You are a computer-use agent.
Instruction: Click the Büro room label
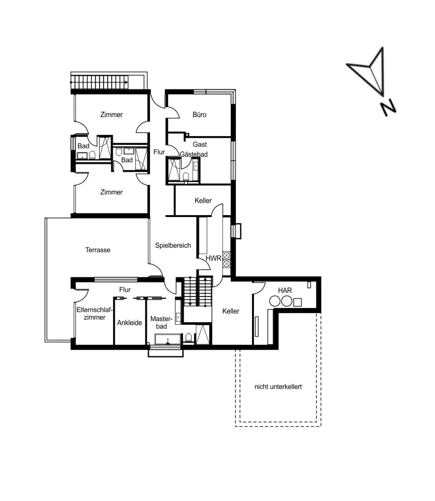click(200, 115)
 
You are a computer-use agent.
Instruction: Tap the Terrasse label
click(98, 250)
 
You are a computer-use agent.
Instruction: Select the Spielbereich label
click(172, 246)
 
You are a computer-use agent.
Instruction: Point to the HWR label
click(214, 258)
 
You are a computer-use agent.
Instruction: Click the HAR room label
click(285, 290)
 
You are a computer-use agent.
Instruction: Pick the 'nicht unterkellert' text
click(278, 387)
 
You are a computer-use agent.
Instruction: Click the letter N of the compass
click(388, 107)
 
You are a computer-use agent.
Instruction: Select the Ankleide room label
click(129, 323)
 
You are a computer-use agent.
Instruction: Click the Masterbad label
click(161, 323)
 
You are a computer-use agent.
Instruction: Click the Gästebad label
click(194, 154)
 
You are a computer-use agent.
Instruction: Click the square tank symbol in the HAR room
click(298, 302)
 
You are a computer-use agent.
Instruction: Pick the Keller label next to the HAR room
click(230, 312)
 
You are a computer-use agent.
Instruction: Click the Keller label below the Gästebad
click(203, 201)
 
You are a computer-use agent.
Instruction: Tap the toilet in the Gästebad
click(186, 176)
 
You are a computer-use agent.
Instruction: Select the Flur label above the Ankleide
click(125, 290)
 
